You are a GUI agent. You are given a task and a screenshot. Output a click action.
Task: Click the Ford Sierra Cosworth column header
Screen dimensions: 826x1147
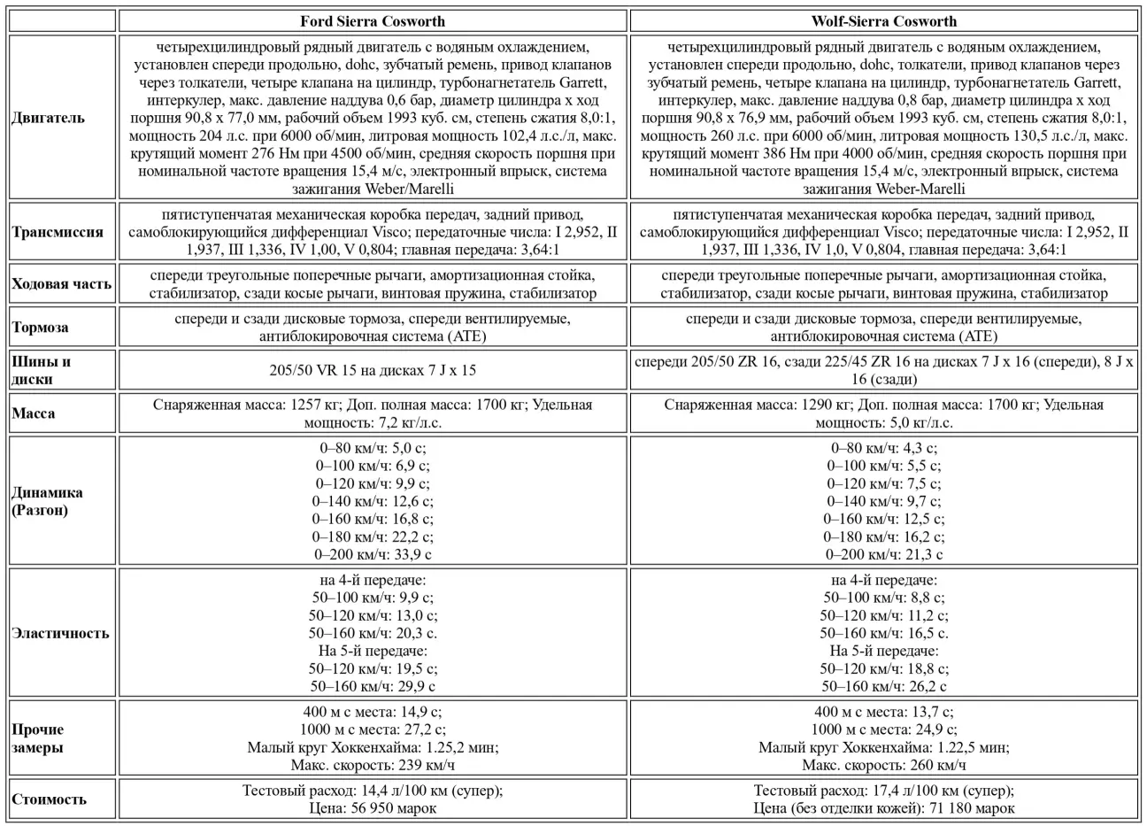click(x=373, y=21)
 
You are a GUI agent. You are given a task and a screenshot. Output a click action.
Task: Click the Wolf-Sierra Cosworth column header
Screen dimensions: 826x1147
click(x=883, y=21)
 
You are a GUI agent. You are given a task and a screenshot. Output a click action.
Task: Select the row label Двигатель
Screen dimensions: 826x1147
click(x=49, y=118)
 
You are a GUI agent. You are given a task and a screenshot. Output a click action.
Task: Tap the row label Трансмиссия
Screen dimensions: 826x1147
click(x=58, y=232)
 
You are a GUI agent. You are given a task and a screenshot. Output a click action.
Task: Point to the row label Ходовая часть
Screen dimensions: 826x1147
click(x=61, y=284)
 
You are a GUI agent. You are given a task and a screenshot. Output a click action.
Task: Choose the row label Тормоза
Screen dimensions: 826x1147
click(x=40, y=327)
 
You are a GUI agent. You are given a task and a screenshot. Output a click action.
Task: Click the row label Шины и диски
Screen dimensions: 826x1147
click(x=42, y=370)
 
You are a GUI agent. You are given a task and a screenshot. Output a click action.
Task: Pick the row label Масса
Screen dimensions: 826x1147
click(x=34, y=413)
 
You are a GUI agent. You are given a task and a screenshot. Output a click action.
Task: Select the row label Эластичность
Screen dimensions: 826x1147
click(x=60, y=633)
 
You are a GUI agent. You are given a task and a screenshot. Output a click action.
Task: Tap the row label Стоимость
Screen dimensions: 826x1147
click(x=50, y=799)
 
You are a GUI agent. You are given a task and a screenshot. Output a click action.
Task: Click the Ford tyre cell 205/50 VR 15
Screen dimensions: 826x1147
click(x=373, y=370)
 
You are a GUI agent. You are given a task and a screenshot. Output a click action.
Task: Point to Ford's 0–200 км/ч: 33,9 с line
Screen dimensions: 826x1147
click(x=373, y=554)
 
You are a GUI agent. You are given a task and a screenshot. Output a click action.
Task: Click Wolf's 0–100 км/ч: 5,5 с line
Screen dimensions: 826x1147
click(x=883, y=466)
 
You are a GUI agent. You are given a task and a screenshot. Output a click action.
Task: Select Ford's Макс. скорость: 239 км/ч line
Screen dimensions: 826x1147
click(x=373, y=765)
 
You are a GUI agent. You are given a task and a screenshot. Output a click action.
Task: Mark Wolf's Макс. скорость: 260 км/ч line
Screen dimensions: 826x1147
click(x=883, y=765)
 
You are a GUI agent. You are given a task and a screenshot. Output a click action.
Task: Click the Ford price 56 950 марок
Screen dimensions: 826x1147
click(x=373, y=807)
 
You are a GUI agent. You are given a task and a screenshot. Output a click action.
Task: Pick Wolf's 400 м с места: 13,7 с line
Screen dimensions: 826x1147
click(x=883, y=712)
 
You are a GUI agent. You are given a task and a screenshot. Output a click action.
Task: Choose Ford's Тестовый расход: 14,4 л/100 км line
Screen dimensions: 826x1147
click(x=373, y=791)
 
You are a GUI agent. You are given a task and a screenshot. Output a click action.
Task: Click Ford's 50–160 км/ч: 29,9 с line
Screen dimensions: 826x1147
click(x=373, y=686)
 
